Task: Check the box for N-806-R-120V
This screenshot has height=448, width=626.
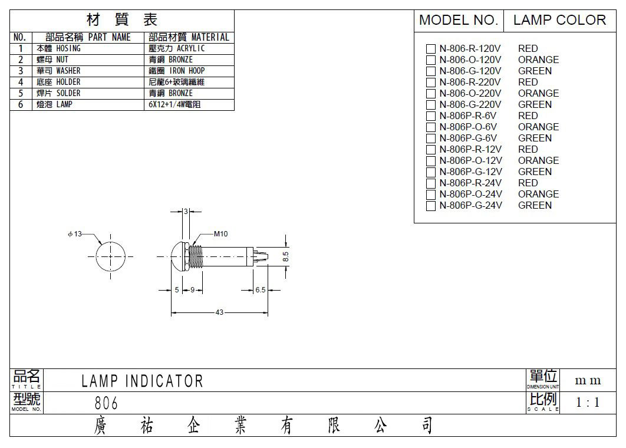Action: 431,49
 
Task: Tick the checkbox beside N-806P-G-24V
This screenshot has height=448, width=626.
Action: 431,206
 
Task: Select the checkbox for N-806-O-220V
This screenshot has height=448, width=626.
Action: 431,94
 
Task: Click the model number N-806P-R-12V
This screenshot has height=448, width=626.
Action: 470,149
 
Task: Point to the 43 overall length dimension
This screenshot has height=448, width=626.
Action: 219,312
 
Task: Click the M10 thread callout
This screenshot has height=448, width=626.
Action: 221,234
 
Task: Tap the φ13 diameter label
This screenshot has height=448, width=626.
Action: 75,234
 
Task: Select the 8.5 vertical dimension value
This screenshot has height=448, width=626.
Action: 285,256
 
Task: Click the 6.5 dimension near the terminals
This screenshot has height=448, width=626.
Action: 261,290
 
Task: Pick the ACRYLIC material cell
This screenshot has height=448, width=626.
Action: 176,48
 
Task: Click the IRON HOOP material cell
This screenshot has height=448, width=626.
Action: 176,71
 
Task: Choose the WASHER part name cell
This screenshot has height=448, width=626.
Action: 59,71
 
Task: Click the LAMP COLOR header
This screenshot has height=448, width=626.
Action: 559,20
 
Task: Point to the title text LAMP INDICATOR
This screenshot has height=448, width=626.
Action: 142,381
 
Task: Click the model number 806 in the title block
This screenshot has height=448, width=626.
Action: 106,403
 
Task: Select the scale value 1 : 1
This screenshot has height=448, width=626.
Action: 588,403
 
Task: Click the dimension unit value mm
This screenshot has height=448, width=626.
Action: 588,381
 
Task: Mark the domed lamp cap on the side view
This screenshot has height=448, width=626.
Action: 176,256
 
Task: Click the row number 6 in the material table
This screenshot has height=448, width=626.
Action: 21,104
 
